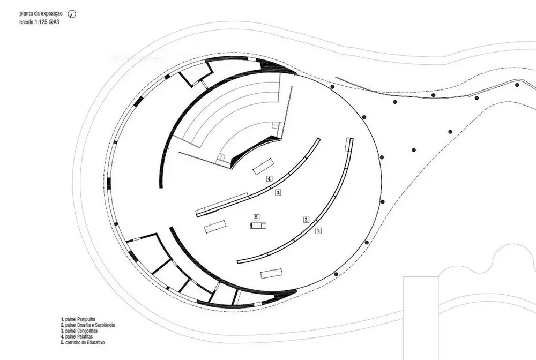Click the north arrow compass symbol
point(72,14)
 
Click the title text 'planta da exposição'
point(41,14)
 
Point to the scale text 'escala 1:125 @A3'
point(39,22)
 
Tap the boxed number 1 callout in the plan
point(318,231)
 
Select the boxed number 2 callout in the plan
point(307,220)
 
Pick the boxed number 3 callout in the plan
point(278,193)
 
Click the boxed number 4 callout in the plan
point(270,178)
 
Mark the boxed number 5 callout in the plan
point(257,217)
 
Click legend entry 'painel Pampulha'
point(78,319)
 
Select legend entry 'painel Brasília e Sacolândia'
point(88,325)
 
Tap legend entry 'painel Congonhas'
point(79,331)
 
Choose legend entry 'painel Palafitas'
point(77,337)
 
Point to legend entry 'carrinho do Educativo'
point(83,342)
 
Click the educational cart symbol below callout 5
point(258,226)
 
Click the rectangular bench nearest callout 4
point(263,166)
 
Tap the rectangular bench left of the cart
point(215,227)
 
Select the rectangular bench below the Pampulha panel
point(271,273)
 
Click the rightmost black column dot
point(517,85)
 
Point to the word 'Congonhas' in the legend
point(87,331)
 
